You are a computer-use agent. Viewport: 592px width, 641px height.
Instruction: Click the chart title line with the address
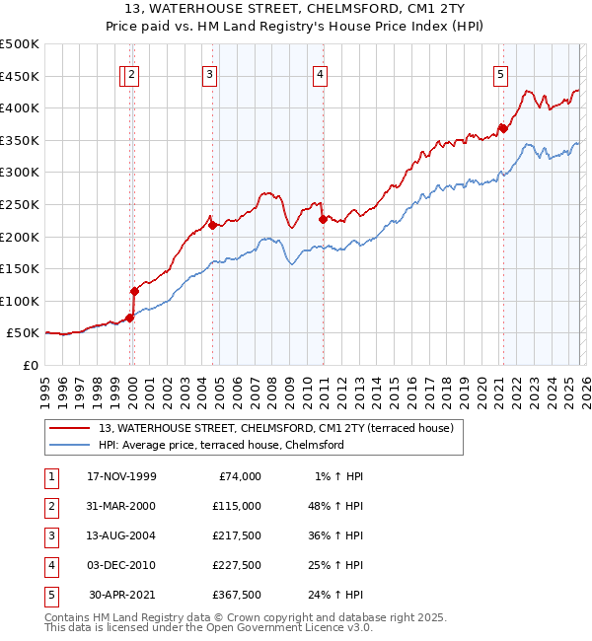coord(296,11)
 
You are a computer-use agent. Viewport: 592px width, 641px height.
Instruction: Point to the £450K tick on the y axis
coord(20,76)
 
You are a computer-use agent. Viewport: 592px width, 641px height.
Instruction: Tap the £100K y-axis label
coord(20,301)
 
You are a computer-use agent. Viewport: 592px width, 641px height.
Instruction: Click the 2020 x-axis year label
coord(480,385)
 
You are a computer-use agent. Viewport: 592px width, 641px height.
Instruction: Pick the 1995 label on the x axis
coord(44,385)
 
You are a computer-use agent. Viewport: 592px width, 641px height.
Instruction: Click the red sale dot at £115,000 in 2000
coord(135,291)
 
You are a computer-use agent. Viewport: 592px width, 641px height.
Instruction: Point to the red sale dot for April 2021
coord(502,127)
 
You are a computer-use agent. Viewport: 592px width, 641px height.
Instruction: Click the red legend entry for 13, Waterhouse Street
coord(275,428)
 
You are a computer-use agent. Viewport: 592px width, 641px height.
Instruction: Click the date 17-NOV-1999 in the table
coord(121,476)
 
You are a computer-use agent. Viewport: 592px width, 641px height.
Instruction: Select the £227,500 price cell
coord(237,565)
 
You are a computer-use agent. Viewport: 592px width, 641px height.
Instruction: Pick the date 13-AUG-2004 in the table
coord(121,535)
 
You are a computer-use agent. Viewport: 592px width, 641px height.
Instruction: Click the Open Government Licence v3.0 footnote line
coord(209,627)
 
